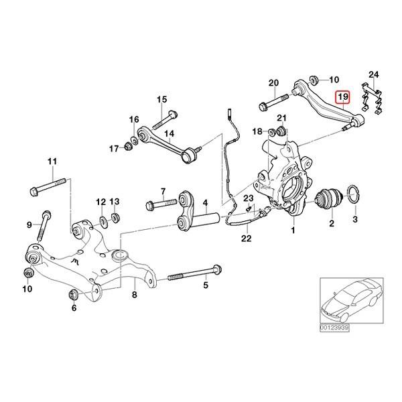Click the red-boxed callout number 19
pos(342,97)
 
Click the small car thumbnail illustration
pos(349,300)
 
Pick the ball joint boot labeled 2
pos(328,199)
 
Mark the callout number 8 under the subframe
pos(134,294)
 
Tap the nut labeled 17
pos(129,146)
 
